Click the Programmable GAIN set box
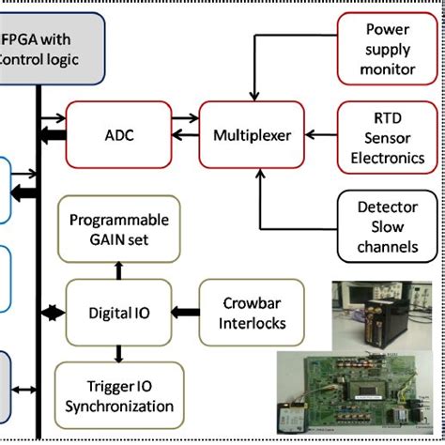click(118, 228)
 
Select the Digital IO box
click(118, 311)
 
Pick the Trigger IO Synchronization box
click(118, 395)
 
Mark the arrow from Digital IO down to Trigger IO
click(118, 354)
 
